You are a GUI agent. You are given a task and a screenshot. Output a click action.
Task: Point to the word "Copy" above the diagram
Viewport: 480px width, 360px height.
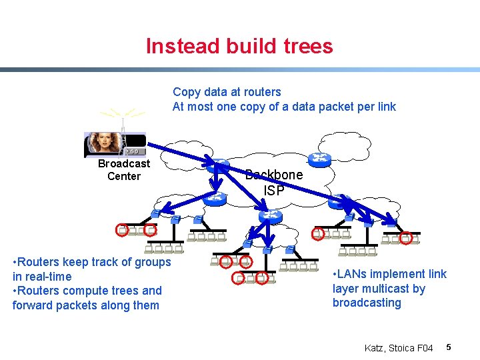point(187,92)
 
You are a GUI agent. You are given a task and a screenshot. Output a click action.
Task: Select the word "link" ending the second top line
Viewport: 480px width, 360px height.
point(385,107)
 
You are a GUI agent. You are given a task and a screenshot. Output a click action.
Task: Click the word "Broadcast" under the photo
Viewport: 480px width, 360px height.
point(124,164)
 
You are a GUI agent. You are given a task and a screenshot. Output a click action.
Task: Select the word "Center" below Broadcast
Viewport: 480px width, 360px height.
point(124,177)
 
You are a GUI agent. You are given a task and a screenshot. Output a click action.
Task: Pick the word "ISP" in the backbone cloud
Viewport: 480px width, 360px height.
point(274,191)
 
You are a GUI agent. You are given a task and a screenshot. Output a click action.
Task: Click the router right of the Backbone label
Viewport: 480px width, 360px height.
point(318,159)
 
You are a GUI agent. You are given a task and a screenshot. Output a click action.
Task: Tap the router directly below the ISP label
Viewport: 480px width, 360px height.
point(271,216)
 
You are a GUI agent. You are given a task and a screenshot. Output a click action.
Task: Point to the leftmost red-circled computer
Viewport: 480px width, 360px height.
point(121,231)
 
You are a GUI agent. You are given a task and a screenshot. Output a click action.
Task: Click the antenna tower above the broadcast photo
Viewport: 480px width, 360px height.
point(123,123)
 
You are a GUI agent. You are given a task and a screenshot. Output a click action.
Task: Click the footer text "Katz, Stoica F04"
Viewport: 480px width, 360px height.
point(399,347)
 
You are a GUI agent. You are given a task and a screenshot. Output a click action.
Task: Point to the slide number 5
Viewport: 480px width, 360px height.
point(449,347)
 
